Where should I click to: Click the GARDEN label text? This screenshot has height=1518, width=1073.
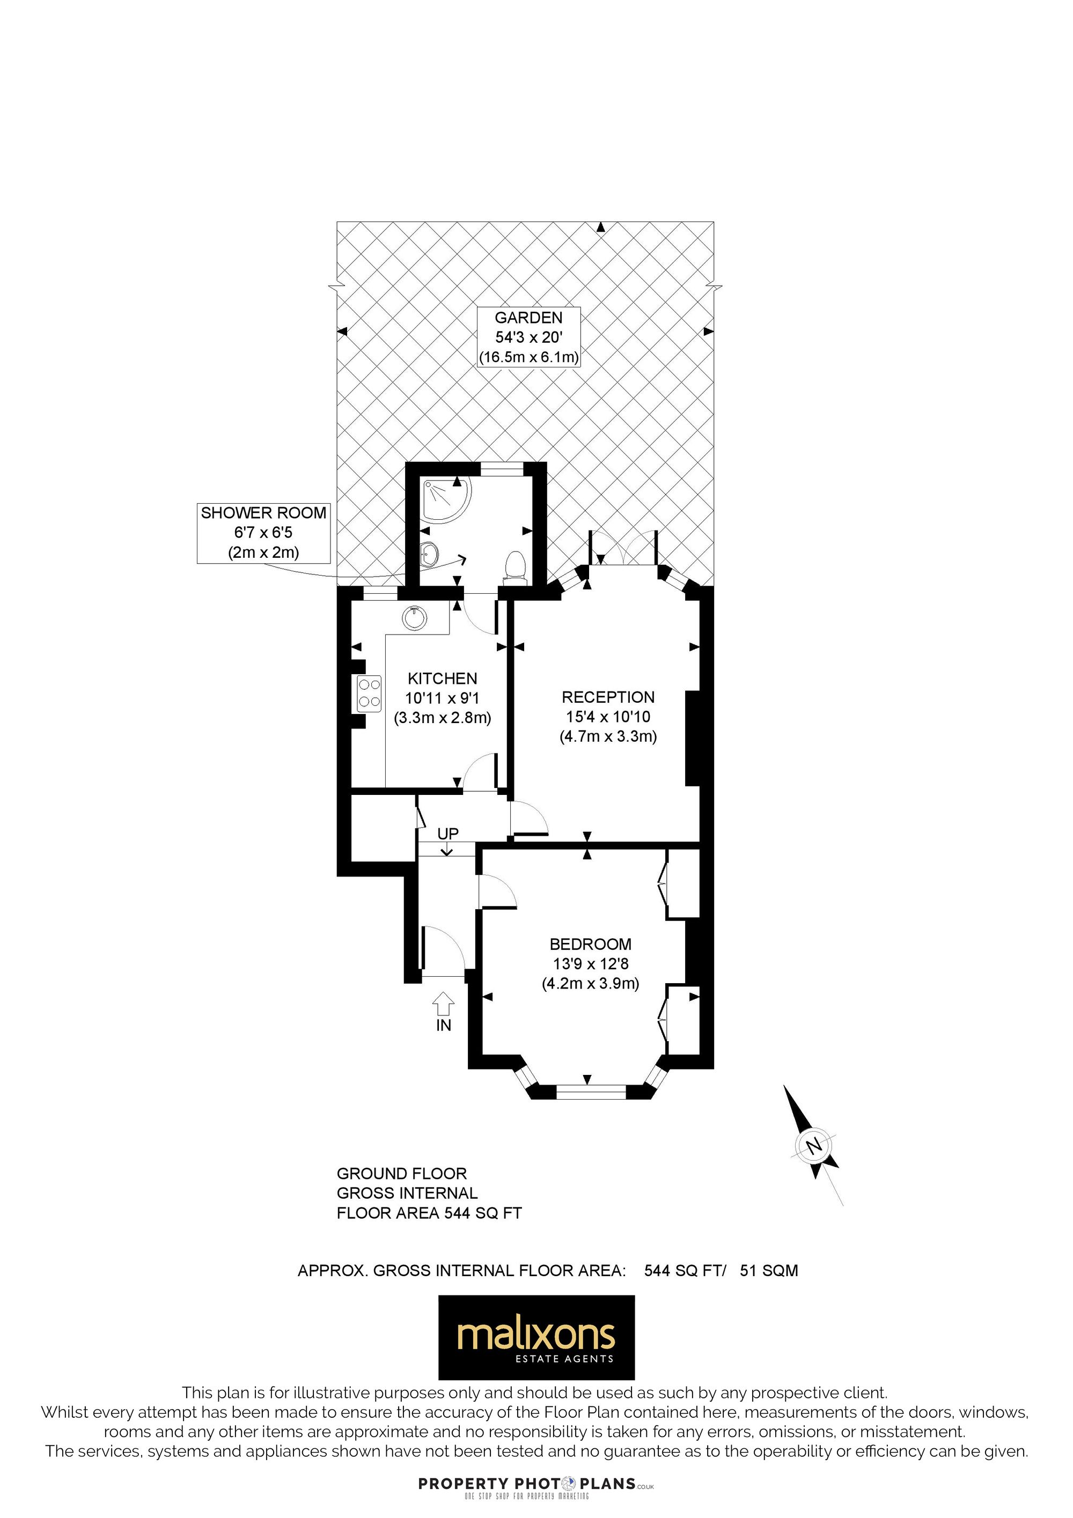tap(528, 318)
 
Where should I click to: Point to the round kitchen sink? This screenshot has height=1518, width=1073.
tap(415, 618)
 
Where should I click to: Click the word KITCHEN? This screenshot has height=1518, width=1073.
tap(442, 679)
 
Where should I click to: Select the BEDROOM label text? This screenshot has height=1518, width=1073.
tap(590, 944)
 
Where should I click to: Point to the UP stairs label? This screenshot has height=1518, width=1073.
tap(447, 834)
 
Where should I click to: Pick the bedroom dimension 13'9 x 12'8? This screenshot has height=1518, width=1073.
tap(590, 964)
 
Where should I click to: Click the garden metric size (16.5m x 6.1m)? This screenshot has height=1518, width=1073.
tap(529, 358)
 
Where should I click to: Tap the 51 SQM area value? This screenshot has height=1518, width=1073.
tap(769, 1271)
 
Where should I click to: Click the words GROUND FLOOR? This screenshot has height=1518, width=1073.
tap(402, 1174)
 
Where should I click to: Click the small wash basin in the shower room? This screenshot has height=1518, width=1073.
tap(429, 552)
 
